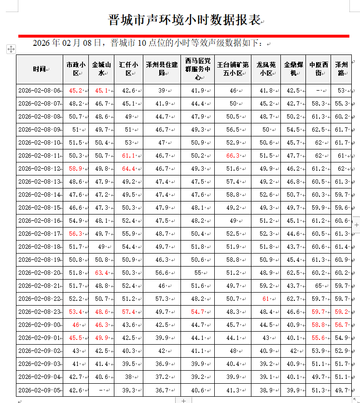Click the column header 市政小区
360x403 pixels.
coord(76,69)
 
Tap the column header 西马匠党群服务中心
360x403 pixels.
coord(197,69)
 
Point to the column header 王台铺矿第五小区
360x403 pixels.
coord(233,69)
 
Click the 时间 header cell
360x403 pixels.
coord(40,69)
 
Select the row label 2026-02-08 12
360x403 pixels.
coord(40,169)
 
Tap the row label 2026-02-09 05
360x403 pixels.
coord(40,390)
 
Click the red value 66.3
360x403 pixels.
coord(233,156)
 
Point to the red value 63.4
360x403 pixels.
coord(101,273)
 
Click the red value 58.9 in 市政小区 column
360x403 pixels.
coord(76,169)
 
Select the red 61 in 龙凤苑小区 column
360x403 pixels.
coord(266,299)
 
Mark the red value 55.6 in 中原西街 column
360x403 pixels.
coord(318,338)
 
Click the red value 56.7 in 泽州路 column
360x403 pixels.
coord(342,325)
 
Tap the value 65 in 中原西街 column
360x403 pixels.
coord(318,286)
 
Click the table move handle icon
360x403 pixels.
coord(11,49)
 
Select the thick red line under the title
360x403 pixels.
coord(183,36)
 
